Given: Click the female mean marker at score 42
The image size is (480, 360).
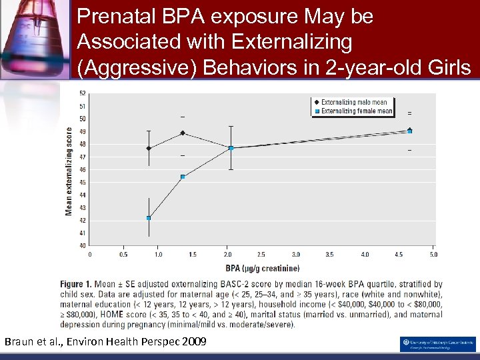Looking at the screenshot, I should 149,218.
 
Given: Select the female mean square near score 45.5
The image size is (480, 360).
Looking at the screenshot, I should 183,177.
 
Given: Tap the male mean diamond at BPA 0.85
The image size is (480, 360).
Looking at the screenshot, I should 149,148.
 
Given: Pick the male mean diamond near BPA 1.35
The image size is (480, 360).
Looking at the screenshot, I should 183,133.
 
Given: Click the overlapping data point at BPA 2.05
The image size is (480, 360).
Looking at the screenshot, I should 231,147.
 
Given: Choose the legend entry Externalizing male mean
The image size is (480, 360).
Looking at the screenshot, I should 354,103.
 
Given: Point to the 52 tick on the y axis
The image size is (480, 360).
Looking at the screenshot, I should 82,93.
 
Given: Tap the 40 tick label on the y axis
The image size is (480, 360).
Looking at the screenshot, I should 82,245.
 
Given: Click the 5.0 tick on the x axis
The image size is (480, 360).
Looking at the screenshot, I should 433,254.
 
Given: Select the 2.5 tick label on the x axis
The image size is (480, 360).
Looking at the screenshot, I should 261,254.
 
